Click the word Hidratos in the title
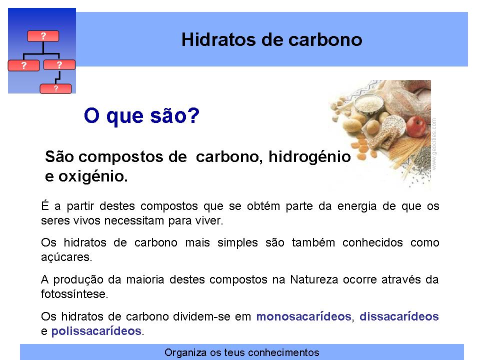(x=218, y=40)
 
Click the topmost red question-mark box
(x=43, y=36)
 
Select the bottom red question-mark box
(x=55, y=89)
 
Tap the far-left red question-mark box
(x=23, y=65)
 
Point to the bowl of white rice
(x=369, y=104)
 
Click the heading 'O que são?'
(x=141, y=116)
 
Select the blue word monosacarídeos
(x=303, y=316)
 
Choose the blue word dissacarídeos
(x=399, y=316)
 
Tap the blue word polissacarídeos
(x=96, y=331)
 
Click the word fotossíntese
(x=74, y=294)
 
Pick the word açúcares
(x=66, y=257)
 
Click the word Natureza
(x=314, y=279)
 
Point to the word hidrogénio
(x=309, y=156)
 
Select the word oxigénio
(x=93, y=176)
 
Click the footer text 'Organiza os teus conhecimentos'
(x=242, y=352)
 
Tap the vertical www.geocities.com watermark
(x=434, y=144)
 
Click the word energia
(x=357, y=206)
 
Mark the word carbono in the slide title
(x=325, y=40)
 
